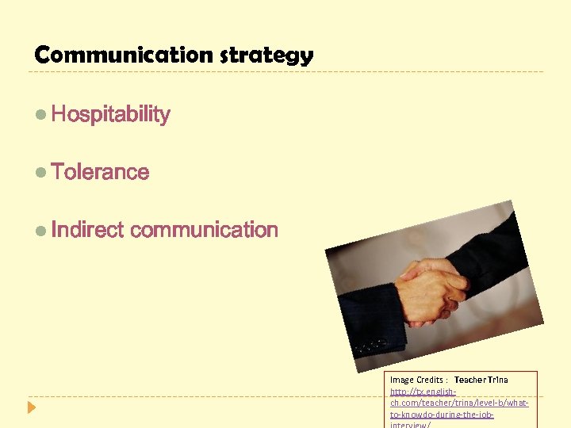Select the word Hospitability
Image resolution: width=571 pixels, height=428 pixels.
tap(110, 114)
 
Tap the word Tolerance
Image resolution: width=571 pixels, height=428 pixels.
tap(100, 172)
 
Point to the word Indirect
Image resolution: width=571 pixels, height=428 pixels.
tap(87, 230)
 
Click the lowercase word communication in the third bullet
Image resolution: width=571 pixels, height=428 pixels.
tap(204, 230)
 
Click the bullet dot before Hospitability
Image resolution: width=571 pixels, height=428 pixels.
tap(41, 115)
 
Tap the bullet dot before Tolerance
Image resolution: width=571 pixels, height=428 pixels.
tap(41, 173)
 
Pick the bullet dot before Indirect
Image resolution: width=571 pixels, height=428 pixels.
tap(41, 231)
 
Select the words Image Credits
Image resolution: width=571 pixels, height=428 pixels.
tap(417, 380)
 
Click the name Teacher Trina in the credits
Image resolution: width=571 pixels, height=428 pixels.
tap(481, 380)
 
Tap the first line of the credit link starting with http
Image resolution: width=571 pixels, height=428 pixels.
tap(423, 392)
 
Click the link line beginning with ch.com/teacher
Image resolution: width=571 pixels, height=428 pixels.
tap(458, 403)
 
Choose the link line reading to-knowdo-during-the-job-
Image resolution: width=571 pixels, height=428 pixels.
tap(442, 414)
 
